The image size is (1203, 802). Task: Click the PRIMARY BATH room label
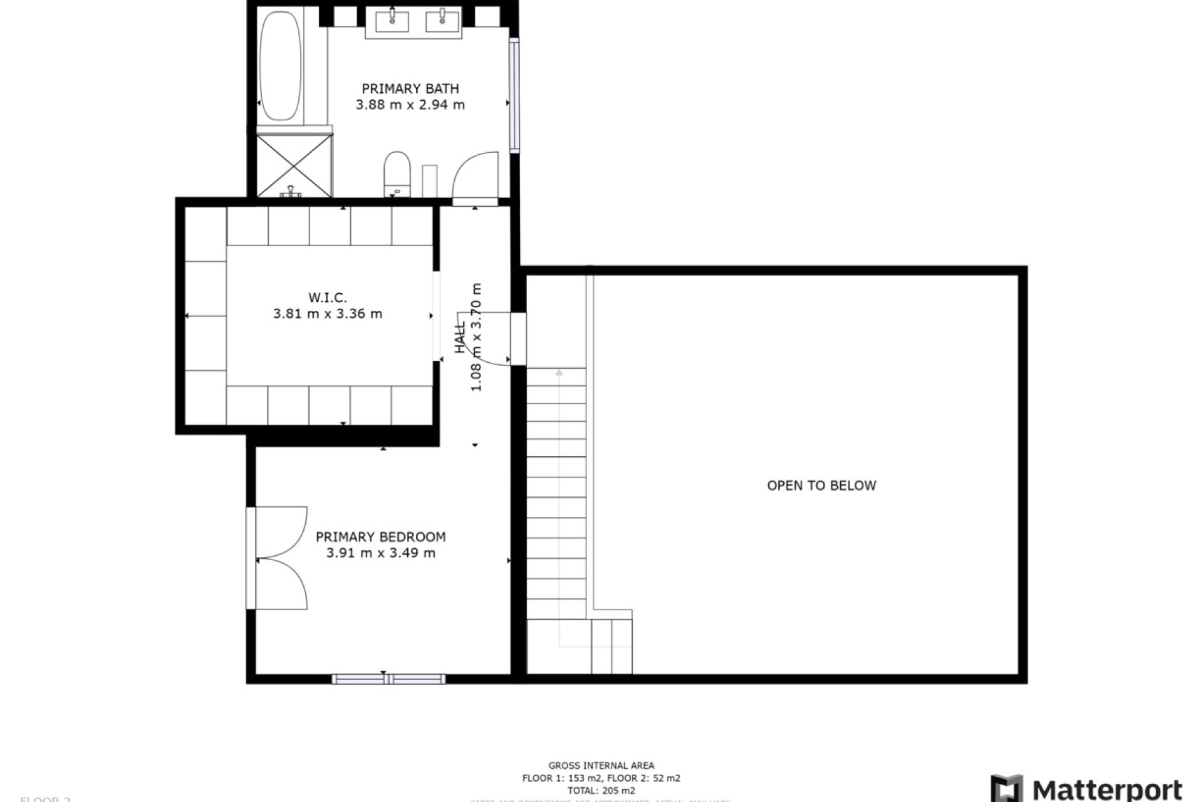[x=410, y=89]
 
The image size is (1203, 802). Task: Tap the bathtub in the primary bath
[x=280, y=66]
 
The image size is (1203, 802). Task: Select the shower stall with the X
[x=294, y=165]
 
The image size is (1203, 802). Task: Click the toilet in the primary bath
[x=397, y=172]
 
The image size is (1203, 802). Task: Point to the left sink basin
[x=392, y=21]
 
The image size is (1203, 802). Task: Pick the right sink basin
[x=442, y=21]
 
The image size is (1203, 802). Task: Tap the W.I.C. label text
[x=327, y=298]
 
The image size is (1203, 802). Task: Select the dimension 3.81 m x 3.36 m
[x=327, y=314]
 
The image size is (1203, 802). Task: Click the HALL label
[x=461, y=337]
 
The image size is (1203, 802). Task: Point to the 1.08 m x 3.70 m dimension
[x=476, y=337]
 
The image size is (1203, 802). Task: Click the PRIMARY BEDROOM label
[x=380, y=537]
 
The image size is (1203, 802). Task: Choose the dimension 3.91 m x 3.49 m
[x=380, y=553]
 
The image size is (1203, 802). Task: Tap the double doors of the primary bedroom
[x=280, y=558]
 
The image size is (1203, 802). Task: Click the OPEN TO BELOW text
[x=821, y=486]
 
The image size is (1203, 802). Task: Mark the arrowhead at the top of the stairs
[x=559, y=373]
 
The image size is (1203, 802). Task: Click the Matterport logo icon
[x=1006, y=788]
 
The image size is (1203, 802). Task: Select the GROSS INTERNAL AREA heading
[x=601, y=766]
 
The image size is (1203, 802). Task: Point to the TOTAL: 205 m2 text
[x=601, y=791]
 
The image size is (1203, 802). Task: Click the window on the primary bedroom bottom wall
[x=388, y=679]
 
